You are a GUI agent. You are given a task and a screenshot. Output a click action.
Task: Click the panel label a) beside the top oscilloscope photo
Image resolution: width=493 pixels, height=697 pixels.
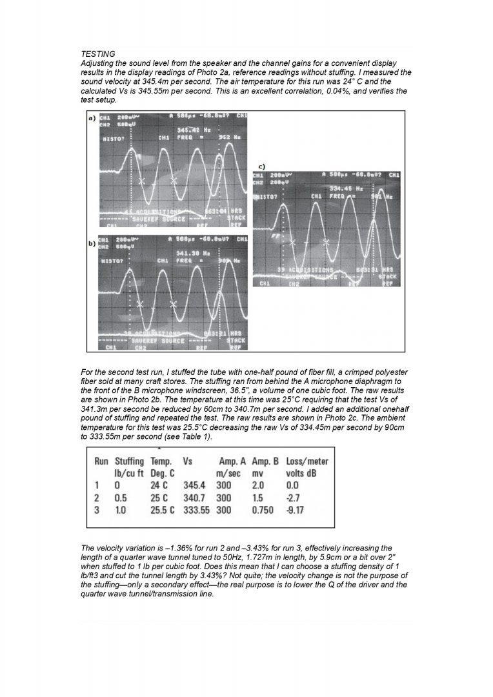pos(92,119)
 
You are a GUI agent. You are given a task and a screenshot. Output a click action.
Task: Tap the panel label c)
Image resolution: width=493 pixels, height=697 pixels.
pos(262,167)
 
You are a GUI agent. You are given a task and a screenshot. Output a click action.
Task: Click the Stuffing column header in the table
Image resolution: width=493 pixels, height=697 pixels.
pos(129,461)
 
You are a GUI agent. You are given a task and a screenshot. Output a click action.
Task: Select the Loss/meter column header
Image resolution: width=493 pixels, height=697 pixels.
pos(307,461)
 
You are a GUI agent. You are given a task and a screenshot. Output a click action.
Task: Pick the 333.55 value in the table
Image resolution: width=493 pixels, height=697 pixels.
pos(197,510)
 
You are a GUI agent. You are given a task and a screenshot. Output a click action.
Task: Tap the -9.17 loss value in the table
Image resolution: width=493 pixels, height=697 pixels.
pos(296,510)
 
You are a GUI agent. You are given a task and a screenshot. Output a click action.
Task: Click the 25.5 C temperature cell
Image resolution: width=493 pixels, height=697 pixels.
pos(162,510)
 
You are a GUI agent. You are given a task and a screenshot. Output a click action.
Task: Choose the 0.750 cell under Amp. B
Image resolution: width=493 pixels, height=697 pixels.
pos(262,510)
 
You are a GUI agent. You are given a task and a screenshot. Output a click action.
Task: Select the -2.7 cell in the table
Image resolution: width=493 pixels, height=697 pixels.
pos(293,498)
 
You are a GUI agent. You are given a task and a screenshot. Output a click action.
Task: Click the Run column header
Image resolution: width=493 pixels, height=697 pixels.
pos(101,461)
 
